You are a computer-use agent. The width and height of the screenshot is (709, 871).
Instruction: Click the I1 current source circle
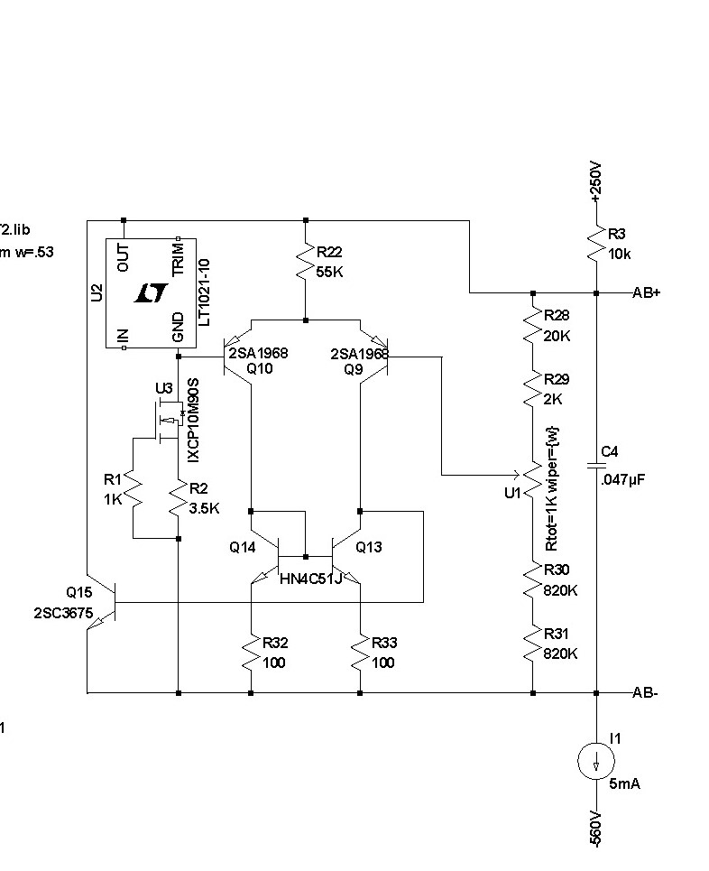pyautogui.click(x=596, y=761)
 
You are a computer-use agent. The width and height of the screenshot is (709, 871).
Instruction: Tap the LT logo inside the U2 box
pyautogui.click(x=151, y=292)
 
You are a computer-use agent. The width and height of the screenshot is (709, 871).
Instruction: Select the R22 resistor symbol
pyautogui.click(x=306, y=262)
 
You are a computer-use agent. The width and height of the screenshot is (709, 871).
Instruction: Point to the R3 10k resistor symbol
pyautogui.click(x=596, y=243)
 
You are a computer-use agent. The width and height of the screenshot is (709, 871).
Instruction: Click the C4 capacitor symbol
pyautogui.click(x=596, y=465)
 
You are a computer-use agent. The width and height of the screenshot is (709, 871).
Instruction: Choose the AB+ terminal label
pyautogui.click(x=646, y=292)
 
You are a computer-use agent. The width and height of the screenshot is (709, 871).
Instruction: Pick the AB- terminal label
pyautogui.click(x=645, y=693)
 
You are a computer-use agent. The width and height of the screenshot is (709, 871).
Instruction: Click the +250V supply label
pyautogui.click(x=595, y=181)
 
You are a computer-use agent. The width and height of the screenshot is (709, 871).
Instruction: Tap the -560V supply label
pyautogui.click(x=594, y=829)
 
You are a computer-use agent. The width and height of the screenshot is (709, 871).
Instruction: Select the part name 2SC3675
pyautogui.click(x=63, y=613)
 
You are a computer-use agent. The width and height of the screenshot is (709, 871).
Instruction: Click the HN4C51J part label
pyautogui.click(x=311, y=579)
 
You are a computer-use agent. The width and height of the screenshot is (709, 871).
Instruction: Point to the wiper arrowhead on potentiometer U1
pyautogui.click(x=517, y=476)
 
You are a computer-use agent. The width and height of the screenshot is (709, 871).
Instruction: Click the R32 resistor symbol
pyautogui.click(x=251, y=653)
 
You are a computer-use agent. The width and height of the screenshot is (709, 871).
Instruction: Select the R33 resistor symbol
pyautogui.click(x=360, y=653)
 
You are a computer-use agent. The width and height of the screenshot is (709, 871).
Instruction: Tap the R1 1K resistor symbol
pyautogui.click(x=134, y=489)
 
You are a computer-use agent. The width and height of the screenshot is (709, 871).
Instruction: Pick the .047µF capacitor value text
pyautogui.click(x=623, y=480)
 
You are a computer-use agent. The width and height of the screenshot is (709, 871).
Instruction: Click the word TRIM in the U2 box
pyautogui.click(x=179, y=259)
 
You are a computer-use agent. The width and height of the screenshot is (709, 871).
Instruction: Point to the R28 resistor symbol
pyautogui.click(x=533, y=326)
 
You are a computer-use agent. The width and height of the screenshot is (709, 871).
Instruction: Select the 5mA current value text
pyautogui.click(x=624, y=783)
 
